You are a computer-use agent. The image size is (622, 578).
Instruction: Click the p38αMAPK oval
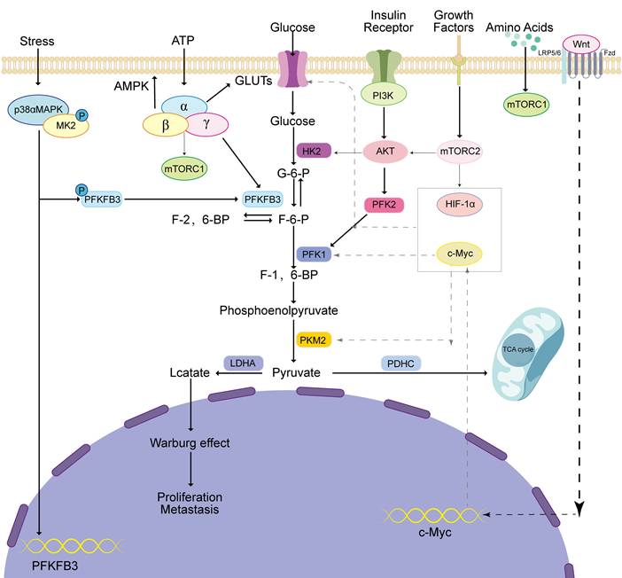click(x=38, y=107)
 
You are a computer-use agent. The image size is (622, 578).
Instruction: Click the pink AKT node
click(x=384, y=152)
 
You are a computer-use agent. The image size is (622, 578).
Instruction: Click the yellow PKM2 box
click(x=312, y=339)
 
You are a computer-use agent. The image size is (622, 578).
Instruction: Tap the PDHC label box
click(x=400, y=363)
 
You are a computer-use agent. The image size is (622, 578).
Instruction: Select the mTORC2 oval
click(x=459, y=152)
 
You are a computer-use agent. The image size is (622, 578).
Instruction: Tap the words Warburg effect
click(x=190, y=441)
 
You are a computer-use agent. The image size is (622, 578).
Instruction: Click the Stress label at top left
click(x=36, y=41)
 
